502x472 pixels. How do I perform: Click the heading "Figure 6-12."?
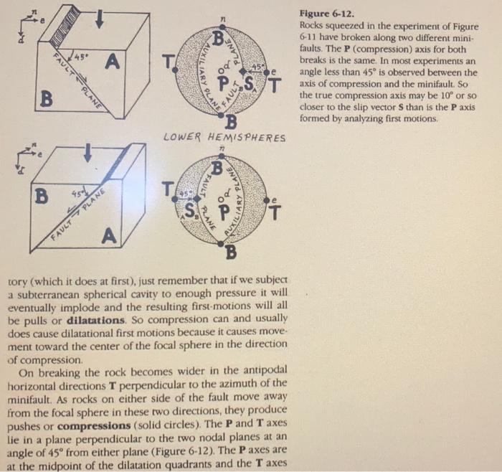[323, 14]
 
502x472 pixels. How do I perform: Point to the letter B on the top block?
[44, 99]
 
